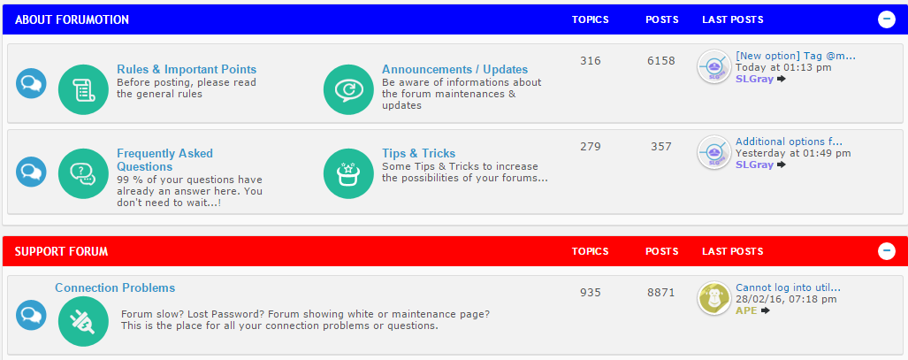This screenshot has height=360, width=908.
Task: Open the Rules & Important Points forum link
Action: [187, 70]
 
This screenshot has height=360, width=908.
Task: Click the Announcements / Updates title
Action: [454, 70]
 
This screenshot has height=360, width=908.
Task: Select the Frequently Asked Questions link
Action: [165, 160]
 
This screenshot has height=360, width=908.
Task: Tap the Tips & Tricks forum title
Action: [419, 153]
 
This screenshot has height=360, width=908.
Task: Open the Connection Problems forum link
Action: [115, 287]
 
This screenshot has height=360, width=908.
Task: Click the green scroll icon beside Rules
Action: [84, 90]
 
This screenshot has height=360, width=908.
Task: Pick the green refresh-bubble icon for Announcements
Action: [348, 90]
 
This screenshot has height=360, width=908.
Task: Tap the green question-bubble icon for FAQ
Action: [84, 174]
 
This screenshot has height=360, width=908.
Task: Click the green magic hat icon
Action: [348, 174]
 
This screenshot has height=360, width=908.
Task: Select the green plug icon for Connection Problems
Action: [84, 322]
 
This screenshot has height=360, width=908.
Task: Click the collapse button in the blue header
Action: [887, 19]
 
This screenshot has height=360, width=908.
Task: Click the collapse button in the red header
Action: [887, 251]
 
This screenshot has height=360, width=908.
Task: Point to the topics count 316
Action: [590, 60]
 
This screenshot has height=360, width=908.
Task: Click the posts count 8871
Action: [661, 292]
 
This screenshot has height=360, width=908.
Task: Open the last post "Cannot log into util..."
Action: [788, 287]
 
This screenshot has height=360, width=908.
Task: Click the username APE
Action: [746, 310]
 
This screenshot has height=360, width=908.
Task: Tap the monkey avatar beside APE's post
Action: [714, 299]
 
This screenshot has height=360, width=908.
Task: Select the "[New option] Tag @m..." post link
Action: [795, 56]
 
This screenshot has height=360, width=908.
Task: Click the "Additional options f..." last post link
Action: [789, 142]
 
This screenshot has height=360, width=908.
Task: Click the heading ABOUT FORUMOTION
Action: [72, 19]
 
